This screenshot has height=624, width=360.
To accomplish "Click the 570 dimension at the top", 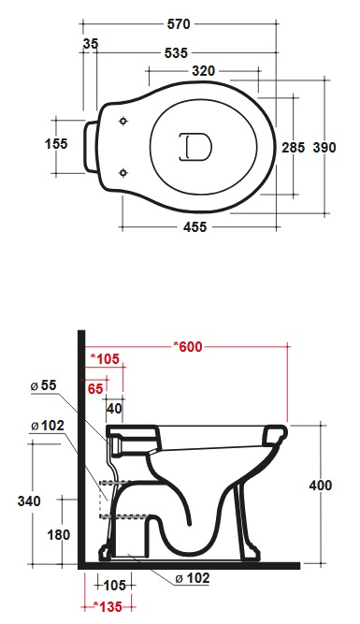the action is click(x=179, y=24).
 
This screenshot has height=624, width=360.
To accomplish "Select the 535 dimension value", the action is click(x=176, y=53).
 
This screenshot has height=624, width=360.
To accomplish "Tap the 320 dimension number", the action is click(x=203, y=71).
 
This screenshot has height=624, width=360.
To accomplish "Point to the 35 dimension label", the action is click(x=91, y=44).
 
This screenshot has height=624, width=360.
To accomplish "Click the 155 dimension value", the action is click(x=56, y=144).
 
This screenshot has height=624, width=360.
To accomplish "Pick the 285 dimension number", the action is click(x=294, y=148).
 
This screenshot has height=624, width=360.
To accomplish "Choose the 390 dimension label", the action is click(x=324, y=148).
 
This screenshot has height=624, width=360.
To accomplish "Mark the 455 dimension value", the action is click(x=194, y=227).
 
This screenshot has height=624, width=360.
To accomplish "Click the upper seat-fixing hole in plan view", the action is click(x=123, y=121).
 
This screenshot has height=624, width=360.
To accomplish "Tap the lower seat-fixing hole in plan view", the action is click(x=123, y=172).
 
